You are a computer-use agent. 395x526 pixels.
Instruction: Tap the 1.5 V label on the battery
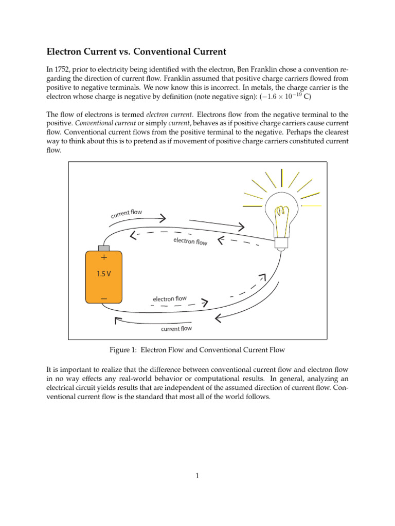[103, 274]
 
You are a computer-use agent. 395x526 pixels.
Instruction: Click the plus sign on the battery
[104, 257]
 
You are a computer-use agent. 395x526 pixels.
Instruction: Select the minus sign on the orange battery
[104, 298]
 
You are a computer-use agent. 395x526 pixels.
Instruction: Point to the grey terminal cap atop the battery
[104, 249]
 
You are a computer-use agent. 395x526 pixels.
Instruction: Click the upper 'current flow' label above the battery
[126, 213]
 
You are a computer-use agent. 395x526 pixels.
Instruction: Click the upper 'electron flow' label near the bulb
[190, 241]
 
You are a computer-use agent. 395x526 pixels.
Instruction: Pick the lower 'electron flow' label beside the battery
[169, 298]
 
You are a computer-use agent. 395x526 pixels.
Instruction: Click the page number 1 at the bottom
[197, 476]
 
